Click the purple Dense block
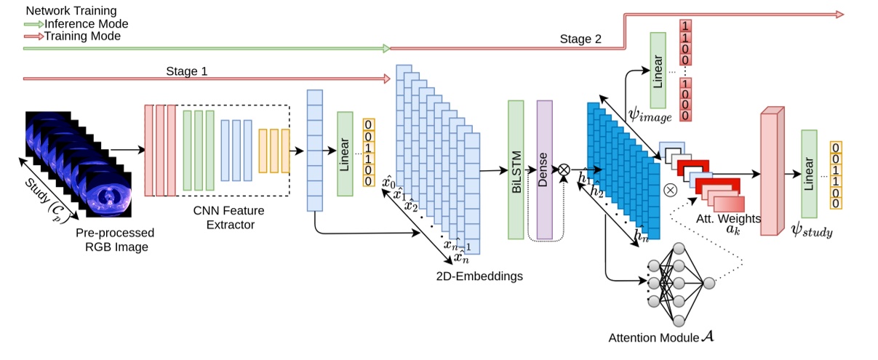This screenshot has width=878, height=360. [545, 170]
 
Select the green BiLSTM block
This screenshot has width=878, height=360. [516, 170]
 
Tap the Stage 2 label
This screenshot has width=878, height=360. [580, 39]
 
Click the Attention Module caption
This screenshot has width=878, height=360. [655, 338]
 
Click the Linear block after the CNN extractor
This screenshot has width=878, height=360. [345, 153]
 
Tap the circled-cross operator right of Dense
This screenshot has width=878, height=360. [563, 169]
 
